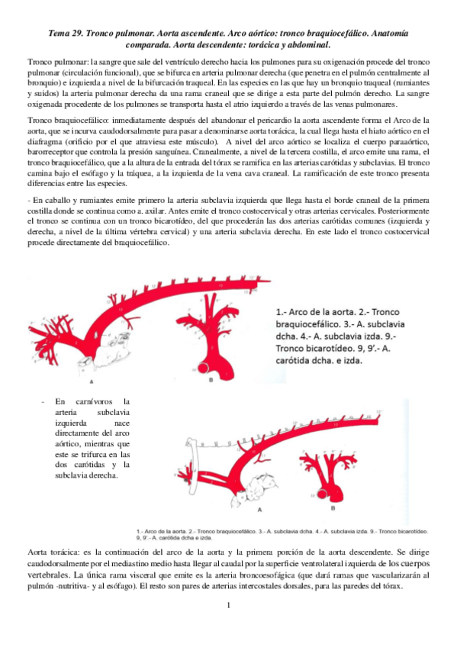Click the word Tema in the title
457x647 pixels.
coord(60,34)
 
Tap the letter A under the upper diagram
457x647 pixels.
coord(92,379)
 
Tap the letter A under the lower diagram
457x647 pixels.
coord(261,507)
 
